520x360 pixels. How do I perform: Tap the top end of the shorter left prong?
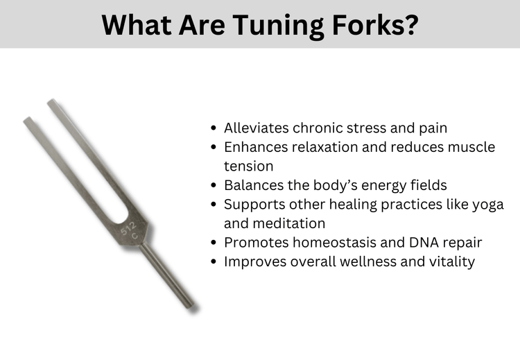[x=28, y=122]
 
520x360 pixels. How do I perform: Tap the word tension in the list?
[x=248, y=166]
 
